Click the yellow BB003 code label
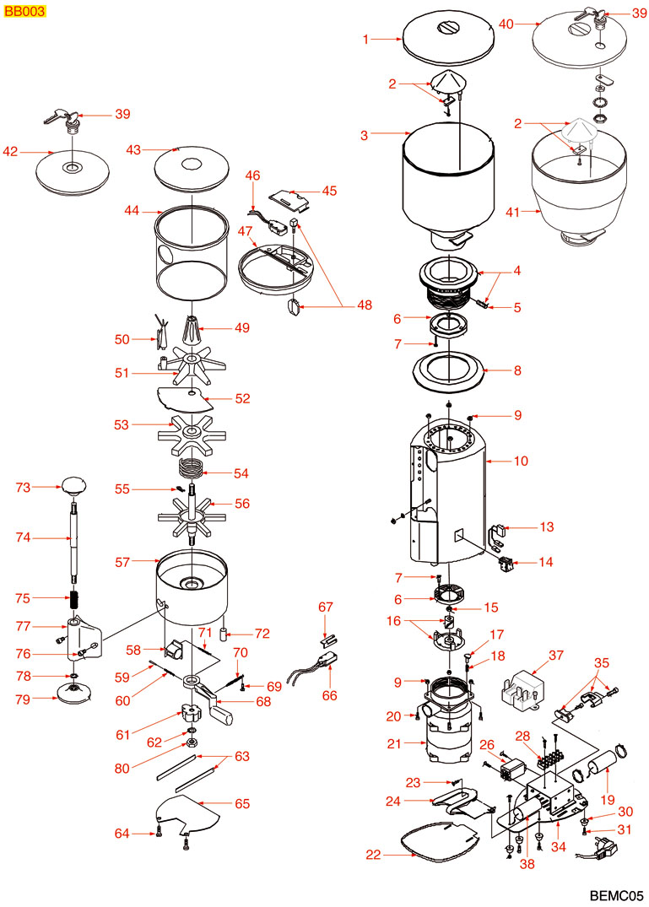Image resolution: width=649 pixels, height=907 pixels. pyautogui.click(x=24, y=13)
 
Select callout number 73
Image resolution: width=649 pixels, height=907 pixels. pyautogui.click(x=24, y=487)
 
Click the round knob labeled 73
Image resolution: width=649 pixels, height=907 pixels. pyautogui.click(x=74, y=485)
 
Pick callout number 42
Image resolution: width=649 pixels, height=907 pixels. pyautogui.click(x=10, y=153)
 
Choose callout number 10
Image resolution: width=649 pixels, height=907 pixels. pyautogui.click(x=520, y=462)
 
